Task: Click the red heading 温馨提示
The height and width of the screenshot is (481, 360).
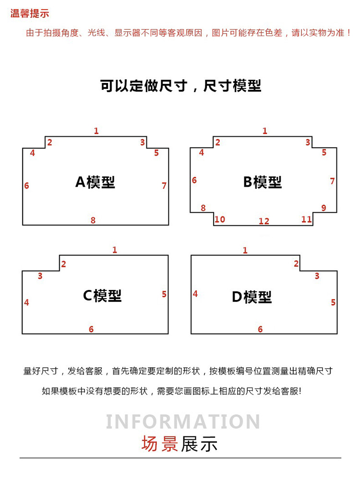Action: (29, 13)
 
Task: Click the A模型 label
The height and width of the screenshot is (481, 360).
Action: (95, 182)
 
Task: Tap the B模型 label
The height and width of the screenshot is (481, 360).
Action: (263, 182)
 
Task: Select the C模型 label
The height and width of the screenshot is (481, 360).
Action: (102, 296)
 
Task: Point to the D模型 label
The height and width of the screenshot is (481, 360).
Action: (252, 297)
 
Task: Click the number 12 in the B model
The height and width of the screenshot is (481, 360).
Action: (264, 221)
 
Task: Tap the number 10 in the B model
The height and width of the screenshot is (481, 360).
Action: (220, 219)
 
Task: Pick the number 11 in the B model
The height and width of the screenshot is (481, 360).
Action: (306, 219)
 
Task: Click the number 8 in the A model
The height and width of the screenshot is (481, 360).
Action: (93, 220)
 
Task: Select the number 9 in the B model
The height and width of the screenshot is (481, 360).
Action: (324, 208)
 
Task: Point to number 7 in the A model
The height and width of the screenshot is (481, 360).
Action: (164, 186)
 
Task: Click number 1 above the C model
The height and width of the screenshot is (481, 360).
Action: (115, 250)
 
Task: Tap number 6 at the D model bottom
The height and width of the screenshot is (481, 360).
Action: (260, 329)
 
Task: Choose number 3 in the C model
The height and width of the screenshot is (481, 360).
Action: (40, 276)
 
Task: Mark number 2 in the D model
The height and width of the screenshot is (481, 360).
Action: (296, 264)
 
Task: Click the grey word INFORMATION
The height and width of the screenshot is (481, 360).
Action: (183, 422)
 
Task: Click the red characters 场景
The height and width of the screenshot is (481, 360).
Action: (160, 444)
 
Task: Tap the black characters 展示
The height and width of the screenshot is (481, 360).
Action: (199, 444)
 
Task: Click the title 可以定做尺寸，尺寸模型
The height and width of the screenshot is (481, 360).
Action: (180, 85)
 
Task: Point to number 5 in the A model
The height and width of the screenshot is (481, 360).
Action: (156, 153)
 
